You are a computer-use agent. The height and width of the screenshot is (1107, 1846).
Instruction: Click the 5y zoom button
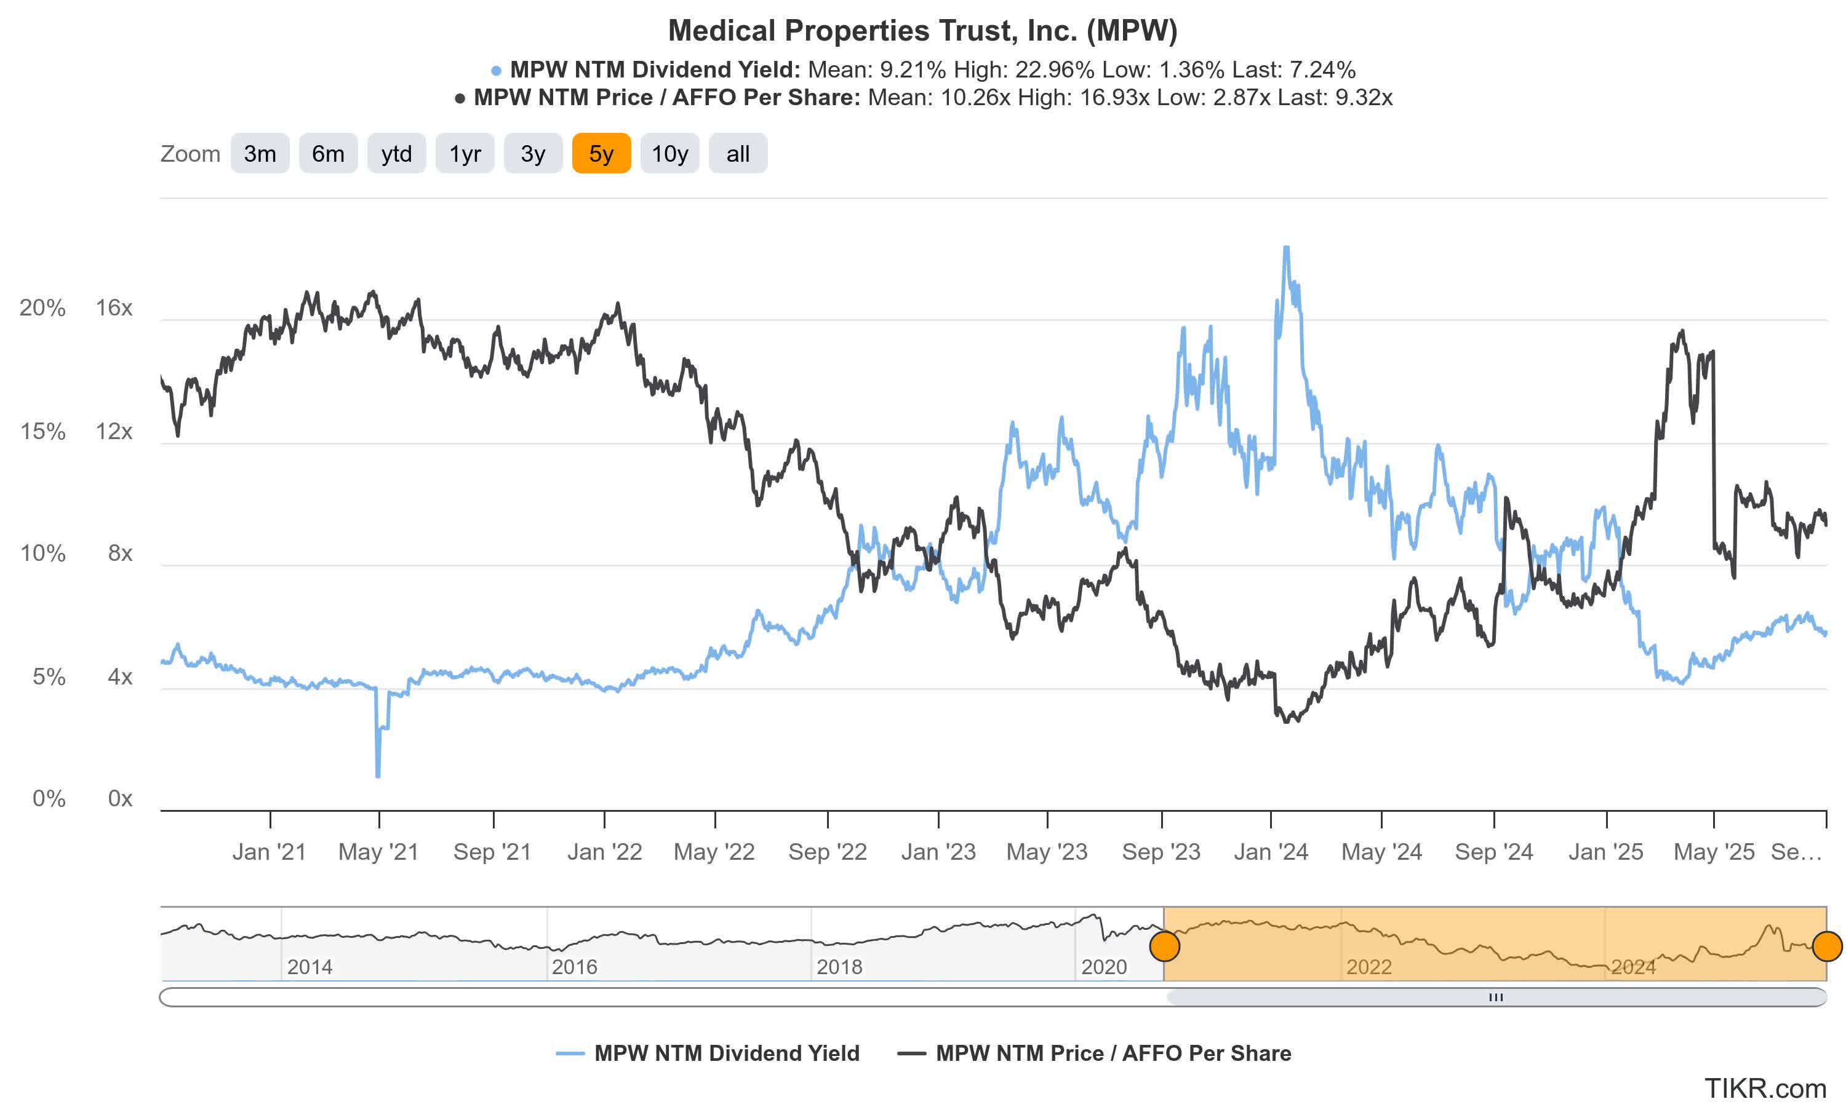click(601, 154)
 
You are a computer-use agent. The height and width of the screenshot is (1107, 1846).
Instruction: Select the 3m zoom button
click(260, 154)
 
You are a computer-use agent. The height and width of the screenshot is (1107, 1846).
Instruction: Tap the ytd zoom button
click(396, 154)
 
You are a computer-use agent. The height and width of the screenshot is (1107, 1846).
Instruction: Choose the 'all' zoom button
click(737, 154)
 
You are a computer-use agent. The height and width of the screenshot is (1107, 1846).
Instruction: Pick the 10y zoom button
click(669, 154)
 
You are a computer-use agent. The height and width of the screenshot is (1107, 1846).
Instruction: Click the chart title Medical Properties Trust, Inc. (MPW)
click(922, 31)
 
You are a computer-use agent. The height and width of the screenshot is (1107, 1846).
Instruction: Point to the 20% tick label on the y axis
click(42, 307)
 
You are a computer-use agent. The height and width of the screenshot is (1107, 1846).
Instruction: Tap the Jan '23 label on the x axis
click(938, 851)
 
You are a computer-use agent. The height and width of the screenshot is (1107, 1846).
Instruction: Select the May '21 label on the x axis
click(378, 851)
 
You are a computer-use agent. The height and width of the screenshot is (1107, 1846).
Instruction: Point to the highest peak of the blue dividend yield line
click(1285, 248)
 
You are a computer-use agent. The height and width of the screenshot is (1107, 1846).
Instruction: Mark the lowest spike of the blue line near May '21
click(378, 776)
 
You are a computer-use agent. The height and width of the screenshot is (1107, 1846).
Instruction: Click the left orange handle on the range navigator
click(1164, 946)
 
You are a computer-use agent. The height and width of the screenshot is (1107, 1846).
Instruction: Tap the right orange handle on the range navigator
click(1826, 946)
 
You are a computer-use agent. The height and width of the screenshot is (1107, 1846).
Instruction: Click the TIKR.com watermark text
click(1765, 1089)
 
